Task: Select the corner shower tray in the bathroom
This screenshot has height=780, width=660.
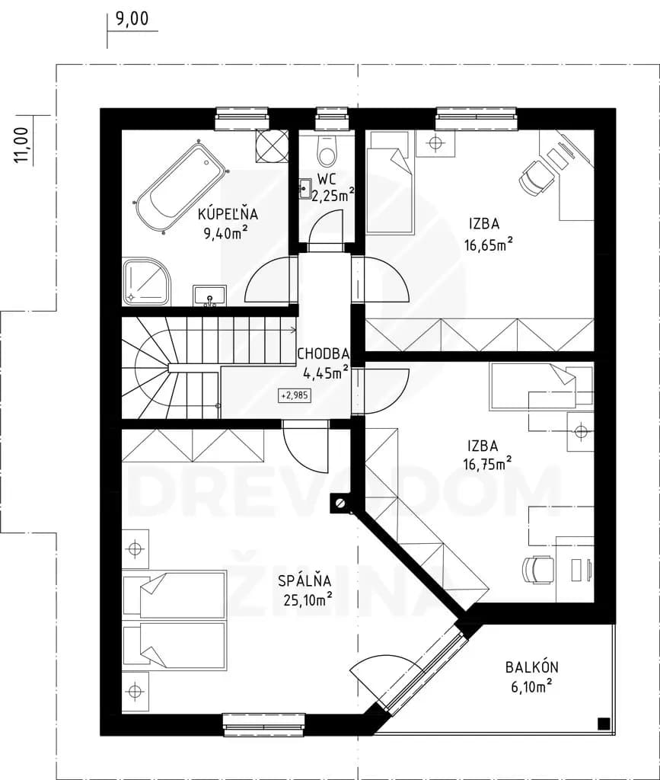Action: (x=146, y=280)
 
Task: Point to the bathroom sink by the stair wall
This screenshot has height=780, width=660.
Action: (x=210, y=296)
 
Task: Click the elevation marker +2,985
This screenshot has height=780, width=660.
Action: (x=295, y=396)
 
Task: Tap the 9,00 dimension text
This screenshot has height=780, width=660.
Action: (x=132, y=19)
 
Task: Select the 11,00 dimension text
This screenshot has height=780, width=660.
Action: (x=21, y=145)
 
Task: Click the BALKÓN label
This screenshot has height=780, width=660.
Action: (x=532, y=667)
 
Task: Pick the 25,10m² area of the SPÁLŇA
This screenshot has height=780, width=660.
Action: (x=308, y=600)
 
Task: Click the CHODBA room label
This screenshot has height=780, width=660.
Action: (x=323, y=353)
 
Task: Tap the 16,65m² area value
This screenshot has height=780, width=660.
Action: (x=489, y=245)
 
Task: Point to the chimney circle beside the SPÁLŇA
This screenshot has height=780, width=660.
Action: (x=340, y=503)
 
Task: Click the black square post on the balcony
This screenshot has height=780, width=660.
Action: (x=603, y=723)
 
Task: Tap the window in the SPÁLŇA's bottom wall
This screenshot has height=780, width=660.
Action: (x=263, y=725)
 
